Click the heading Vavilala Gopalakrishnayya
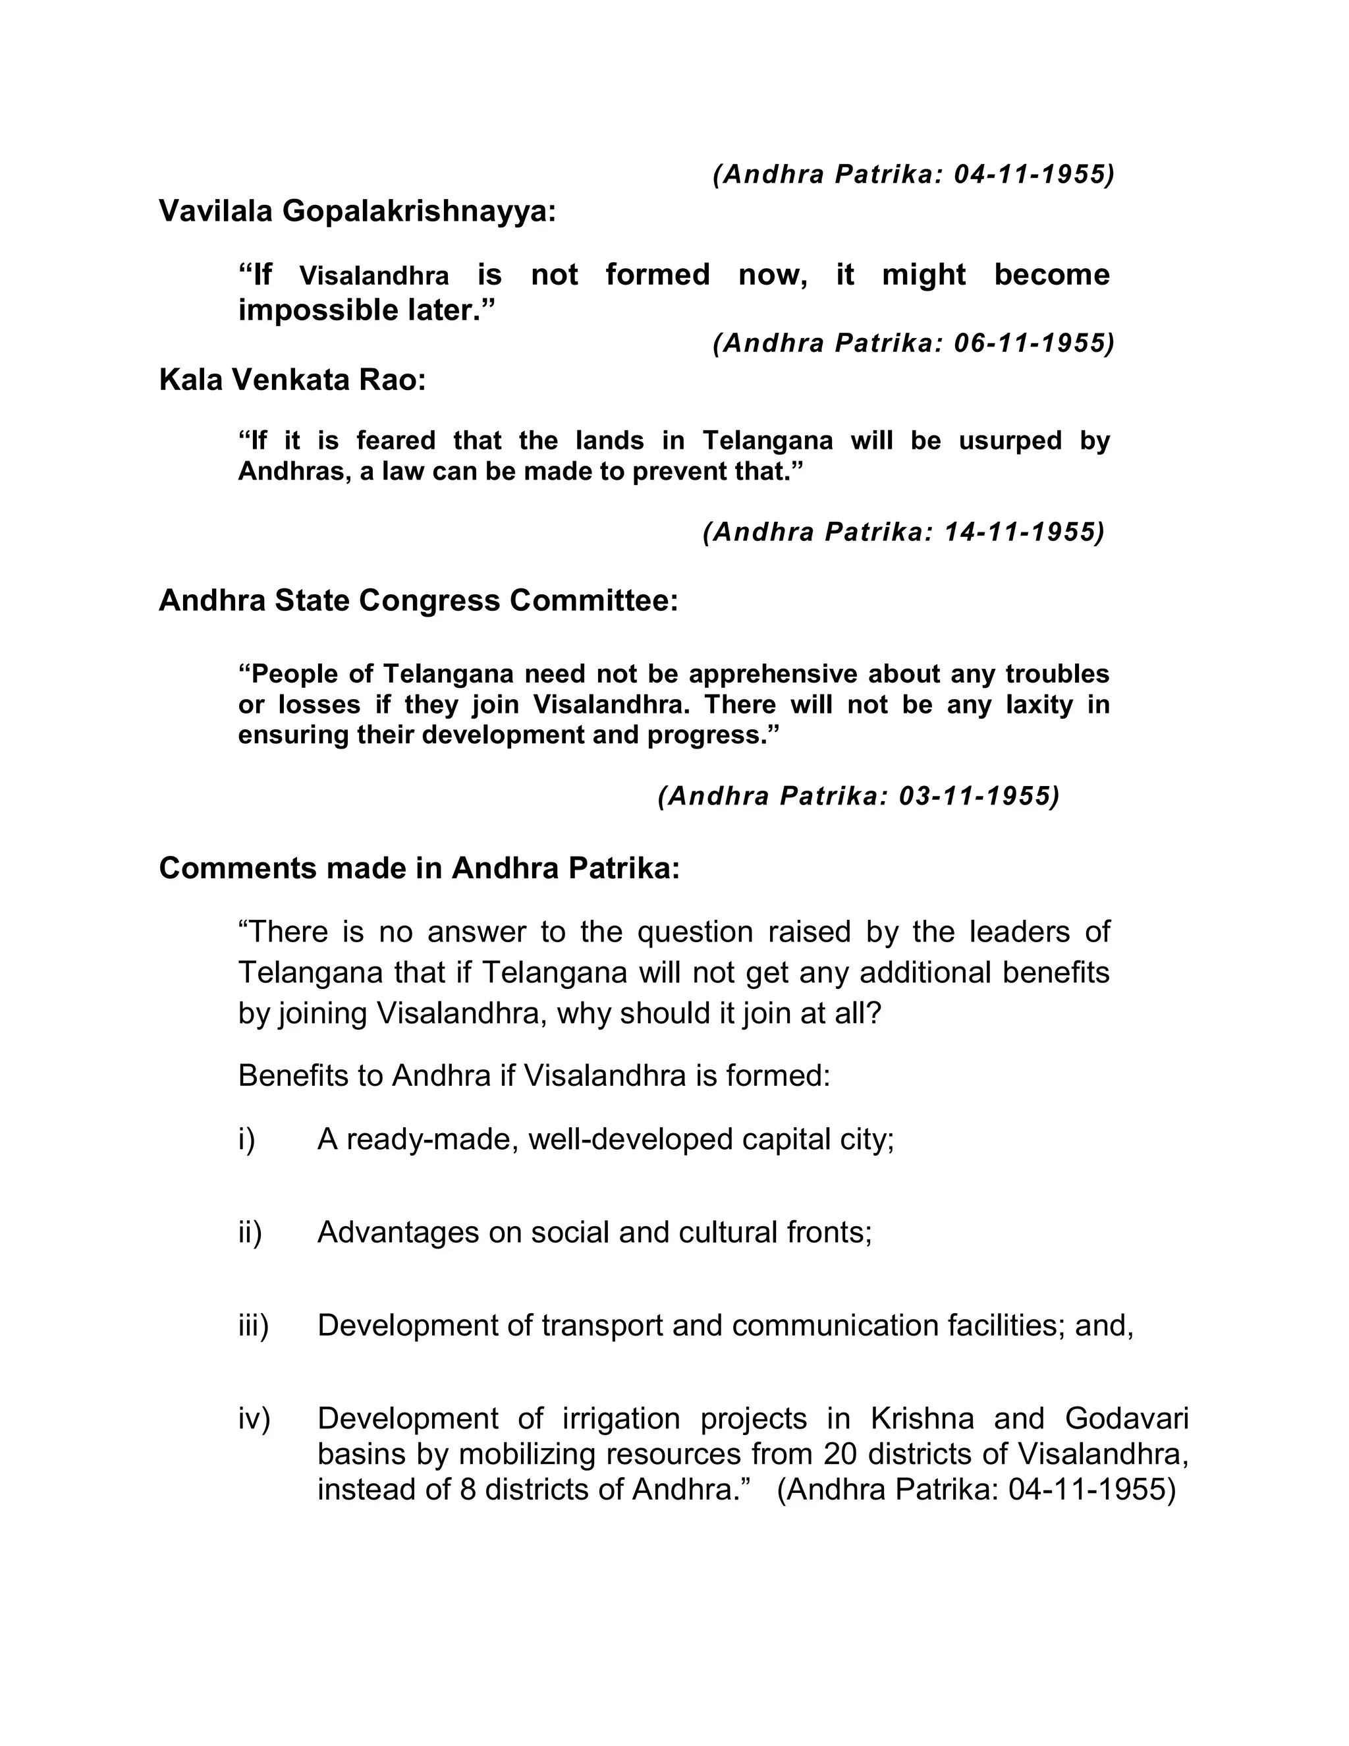[x=356, y=212]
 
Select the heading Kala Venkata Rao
[x=292, y=380]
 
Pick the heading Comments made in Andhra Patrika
[x=419, y=868]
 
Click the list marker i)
[x=246, y=1139]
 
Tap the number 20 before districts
[x=839, y=1454]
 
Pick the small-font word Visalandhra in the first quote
[x=374, y=277]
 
